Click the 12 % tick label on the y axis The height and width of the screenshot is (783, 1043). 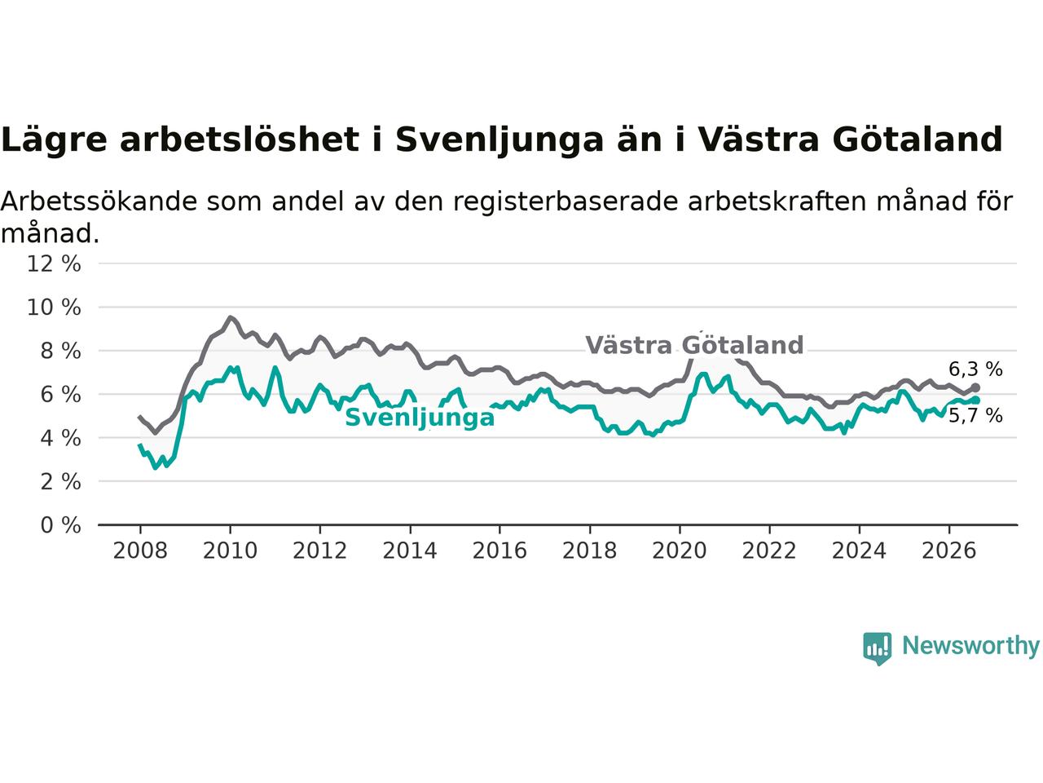pyautogui.click(x=54, y=263)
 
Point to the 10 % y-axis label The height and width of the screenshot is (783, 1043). pyautogui.click(x=54, y=307)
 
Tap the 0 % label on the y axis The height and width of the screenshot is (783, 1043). pyautogui.click(x=61, y=525)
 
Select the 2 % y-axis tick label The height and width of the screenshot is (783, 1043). pyautogui.click(x=61, y=481)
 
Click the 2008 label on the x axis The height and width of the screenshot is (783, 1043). pyautogui.click(x=140, y=551)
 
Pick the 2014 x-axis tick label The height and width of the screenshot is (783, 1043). pyautogui.click(x=410, y=551)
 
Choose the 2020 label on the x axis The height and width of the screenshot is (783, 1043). pyautogui.click(x=680, y=551)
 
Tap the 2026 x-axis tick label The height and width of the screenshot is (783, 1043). pyautogui.click(x=949, y=551)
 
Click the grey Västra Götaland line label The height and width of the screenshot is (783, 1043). pyautogui.click(x=694, y=345)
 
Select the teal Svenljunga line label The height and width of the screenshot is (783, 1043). pyautogui.click(x=420, y=418)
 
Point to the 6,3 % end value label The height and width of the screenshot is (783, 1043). pyautogui.click(x=975, y=369)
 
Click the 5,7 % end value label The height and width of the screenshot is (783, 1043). pyautogui.click(x=975, y=416)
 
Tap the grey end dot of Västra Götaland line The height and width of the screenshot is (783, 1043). pyautogui.click(x=975, y=388)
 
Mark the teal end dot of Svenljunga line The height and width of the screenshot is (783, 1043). pyautogui.click(x=975, y=400)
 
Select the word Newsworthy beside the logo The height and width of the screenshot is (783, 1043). pyautogui.click(x=970, y=646)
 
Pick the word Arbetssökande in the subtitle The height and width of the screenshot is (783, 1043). pyautogui.click(x=99, y=201)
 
